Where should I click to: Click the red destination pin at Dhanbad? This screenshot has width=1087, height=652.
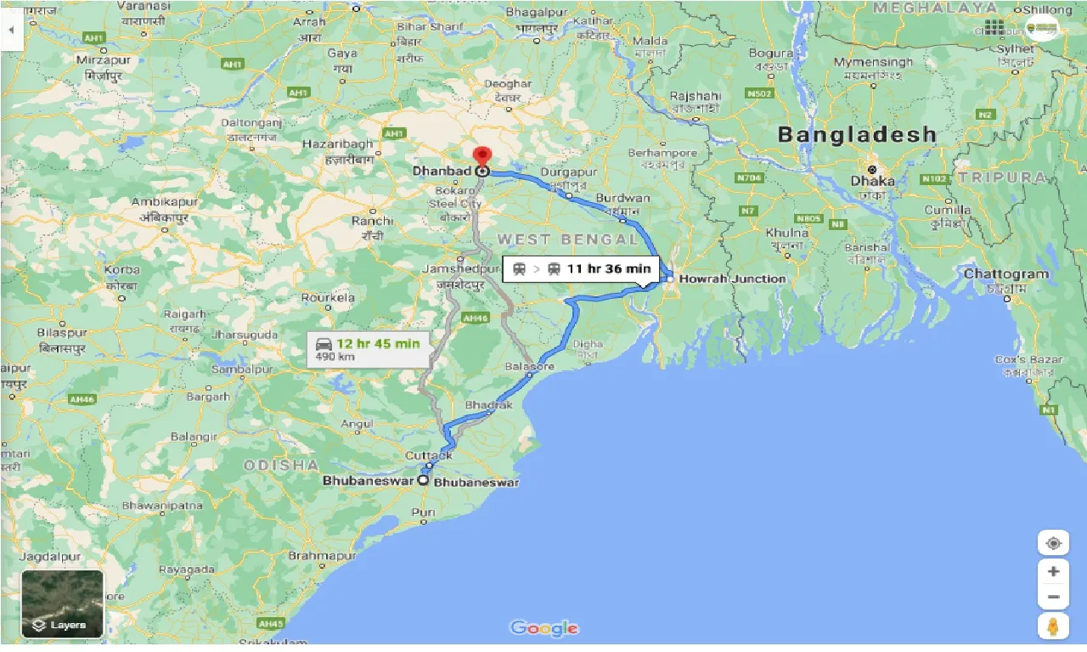482,157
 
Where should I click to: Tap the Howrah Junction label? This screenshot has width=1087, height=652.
733,278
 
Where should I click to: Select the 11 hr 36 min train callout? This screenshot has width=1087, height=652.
583,269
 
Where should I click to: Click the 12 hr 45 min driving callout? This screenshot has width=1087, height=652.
369,348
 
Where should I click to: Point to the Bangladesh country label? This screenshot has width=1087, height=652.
857,134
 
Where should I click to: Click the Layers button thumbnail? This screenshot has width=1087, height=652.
62,604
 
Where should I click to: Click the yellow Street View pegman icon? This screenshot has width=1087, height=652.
1053,627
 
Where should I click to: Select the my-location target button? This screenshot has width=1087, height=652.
1053,543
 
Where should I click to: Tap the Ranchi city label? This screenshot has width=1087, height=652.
371,221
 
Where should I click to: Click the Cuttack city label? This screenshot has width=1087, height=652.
429,456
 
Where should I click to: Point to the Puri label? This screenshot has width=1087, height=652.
422,512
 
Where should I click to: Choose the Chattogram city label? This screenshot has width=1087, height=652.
1006,274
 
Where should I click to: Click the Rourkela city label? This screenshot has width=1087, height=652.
328,298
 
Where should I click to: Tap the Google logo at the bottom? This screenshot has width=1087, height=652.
543,628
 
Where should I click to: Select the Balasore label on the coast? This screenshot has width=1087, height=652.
529,367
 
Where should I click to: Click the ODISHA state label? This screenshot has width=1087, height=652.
281,465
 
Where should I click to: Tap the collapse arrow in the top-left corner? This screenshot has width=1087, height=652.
11,29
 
